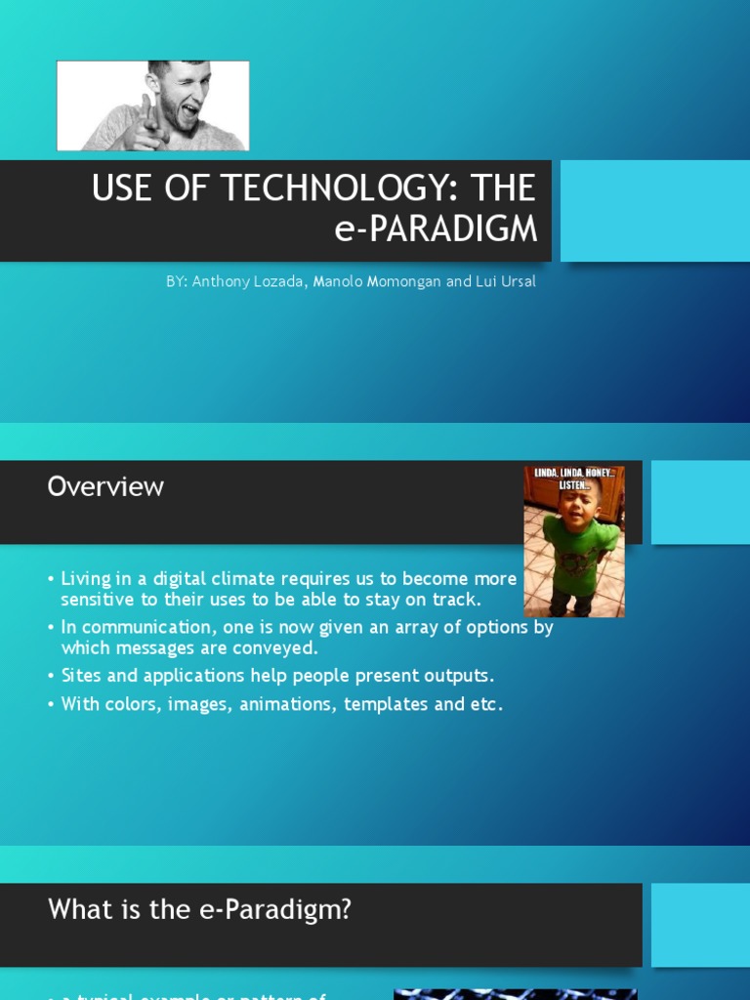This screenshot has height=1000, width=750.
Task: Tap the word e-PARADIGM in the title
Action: (x=436, y=228)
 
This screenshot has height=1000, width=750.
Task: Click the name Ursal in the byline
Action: (x=517, y=281)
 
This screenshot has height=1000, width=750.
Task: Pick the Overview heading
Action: (x=105, y=486)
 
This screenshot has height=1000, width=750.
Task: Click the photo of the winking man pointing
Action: (x=153, y=105)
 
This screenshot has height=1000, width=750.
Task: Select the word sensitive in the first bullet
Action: (x=99, y=599)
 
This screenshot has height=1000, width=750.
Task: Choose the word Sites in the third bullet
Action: (x=81, y=676)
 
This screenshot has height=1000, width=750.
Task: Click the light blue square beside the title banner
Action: (x=654, y=211)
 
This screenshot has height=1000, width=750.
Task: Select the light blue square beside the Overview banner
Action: (x=700, y=502)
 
